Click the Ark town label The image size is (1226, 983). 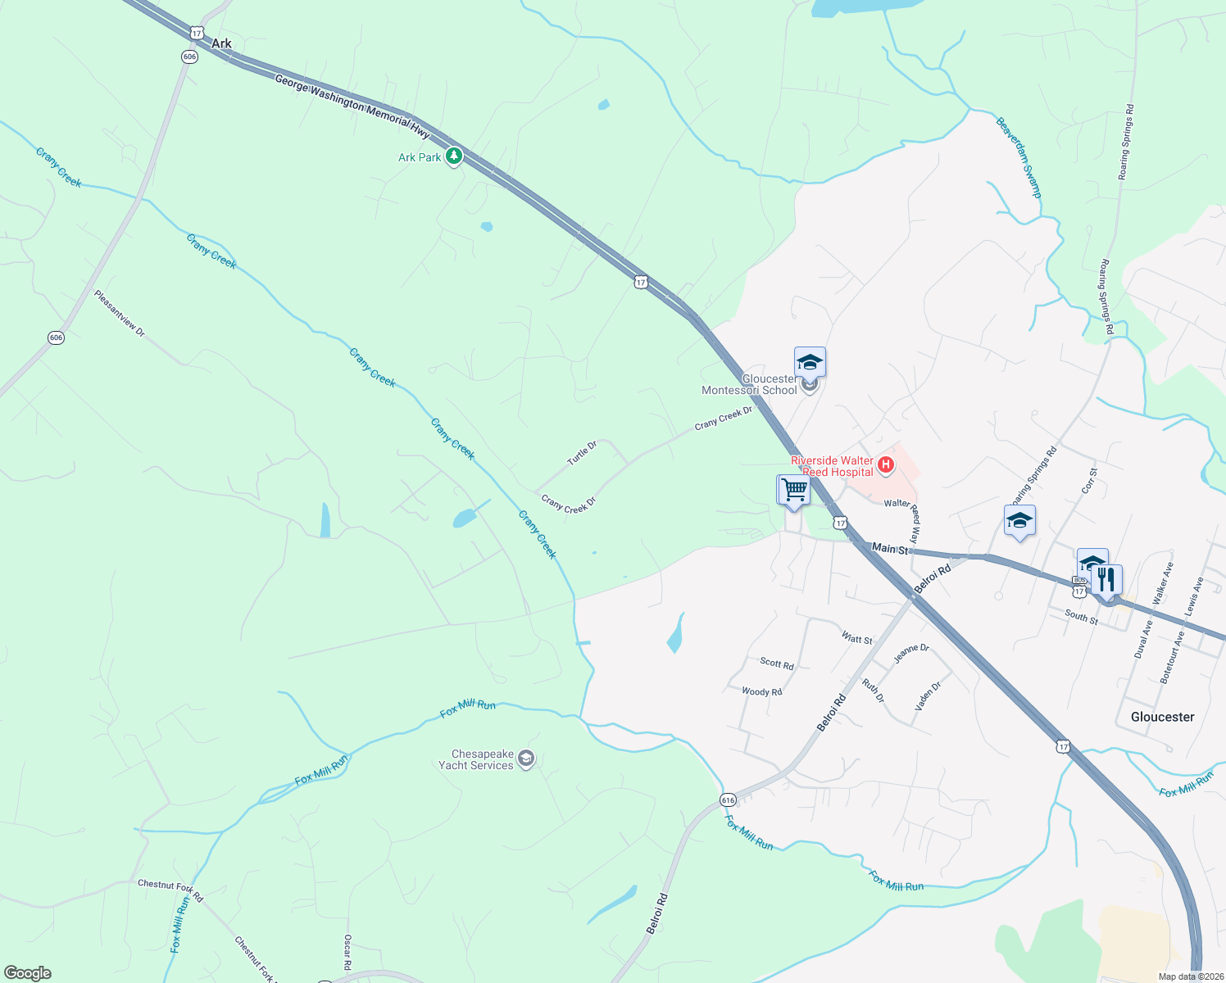221,43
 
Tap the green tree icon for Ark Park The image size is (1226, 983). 453,156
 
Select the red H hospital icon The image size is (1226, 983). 885,465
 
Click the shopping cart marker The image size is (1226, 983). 793,491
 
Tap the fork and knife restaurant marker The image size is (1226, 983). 1107,580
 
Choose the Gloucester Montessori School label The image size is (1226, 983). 749,384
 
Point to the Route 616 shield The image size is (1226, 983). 728,800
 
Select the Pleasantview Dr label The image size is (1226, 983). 119,314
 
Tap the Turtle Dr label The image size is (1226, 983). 582,453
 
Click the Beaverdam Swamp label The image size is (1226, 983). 1019,157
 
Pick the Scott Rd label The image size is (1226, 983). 776,664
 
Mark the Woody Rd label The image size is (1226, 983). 761,692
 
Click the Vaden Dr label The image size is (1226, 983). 928,696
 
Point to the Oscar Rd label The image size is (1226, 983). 347,952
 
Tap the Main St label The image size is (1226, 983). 890,548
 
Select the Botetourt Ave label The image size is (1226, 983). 1173,657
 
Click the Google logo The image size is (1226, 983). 28,973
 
